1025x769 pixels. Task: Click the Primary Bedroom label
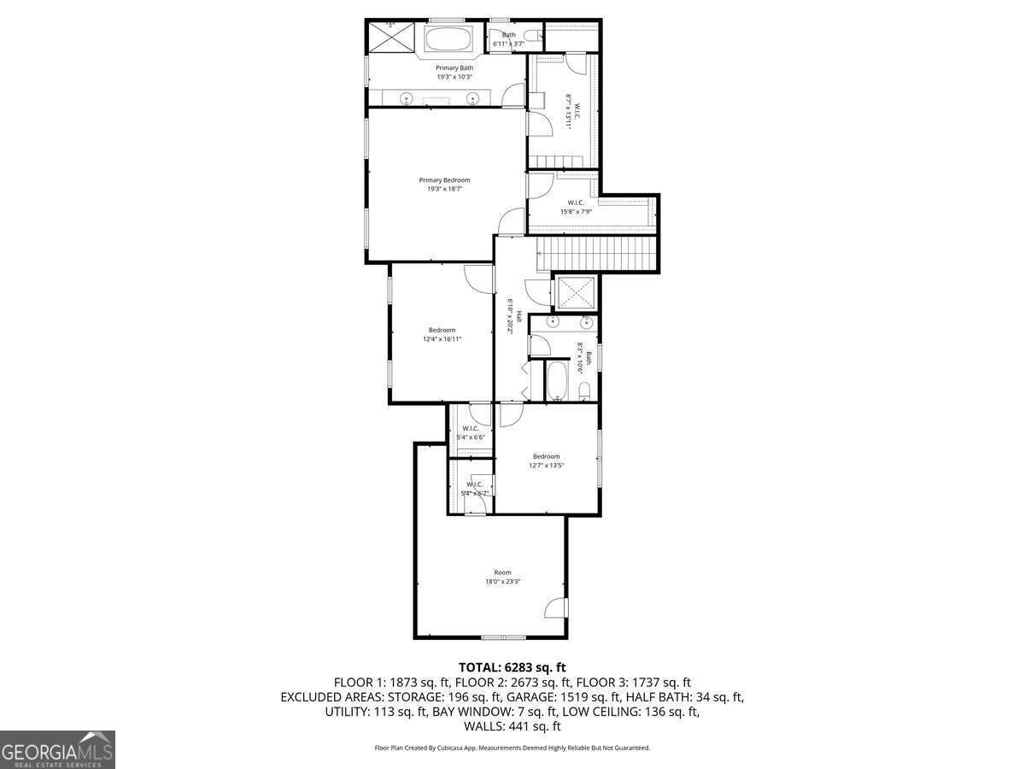(444, 180)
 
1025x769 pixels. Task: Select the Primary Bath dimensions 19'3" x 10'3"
(454, 77)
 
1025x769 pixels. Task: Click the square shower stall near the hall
(577, 293)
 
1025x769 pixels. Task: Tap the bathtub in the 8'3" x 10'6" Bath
(557, 380)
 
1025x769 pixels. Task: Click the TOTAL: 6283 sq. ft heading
(512, 667)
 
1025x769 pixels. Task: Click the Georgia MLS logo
(57, 750)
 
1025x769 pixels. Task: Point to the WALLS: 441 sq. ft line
(512, 726)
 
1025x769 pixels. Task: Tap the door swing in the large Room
(556, 607)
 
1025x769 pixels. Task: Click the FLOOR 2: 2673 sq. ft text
(512, 683)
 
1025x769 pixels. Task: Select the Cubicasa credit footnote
(512, 748)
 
